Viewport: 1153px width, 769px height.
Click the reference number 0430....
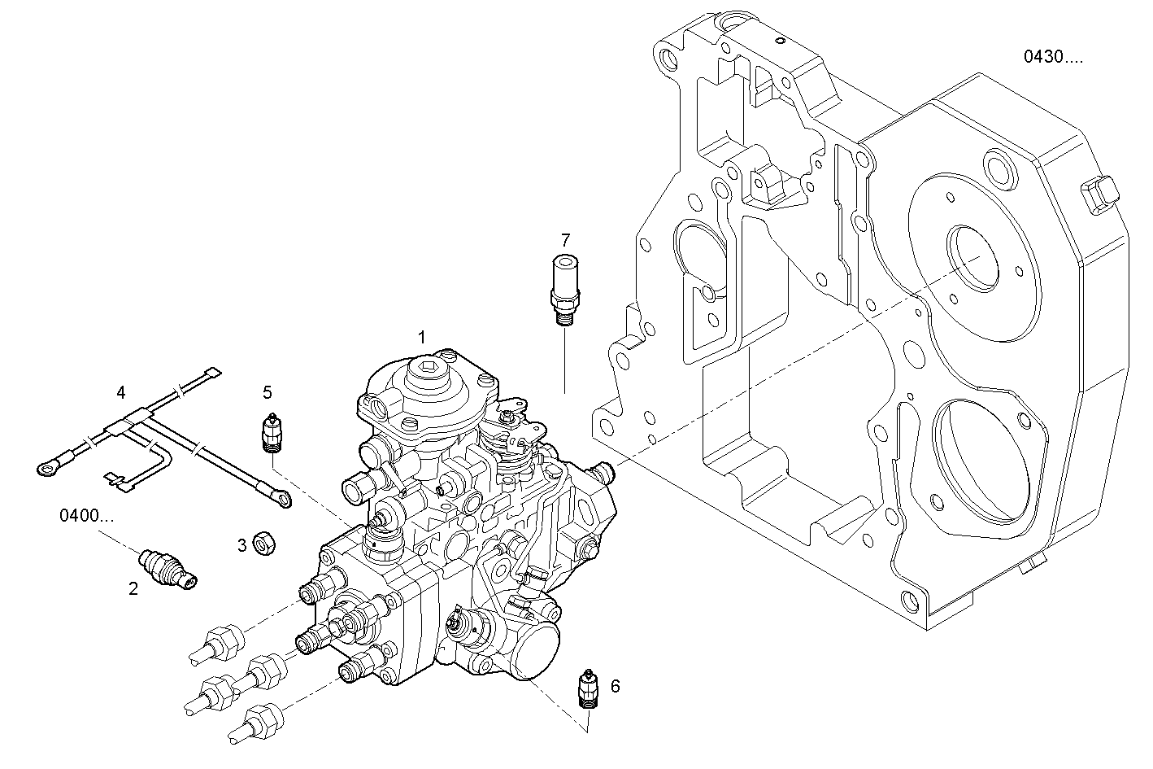pos(1052,57)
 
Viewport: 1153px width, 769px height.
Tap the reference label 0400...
pos(86,516)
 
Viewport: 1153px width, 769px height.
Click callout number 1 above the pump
pos(421,336)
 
